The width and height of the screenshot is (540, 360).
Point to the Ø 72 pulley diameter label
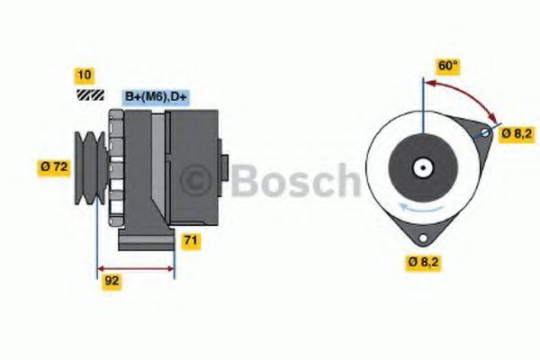click(55, 166)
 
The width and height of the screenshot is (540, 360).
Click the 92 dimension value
click(112, 280)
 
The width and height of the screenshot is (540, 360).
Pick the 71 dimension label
click(191, 240)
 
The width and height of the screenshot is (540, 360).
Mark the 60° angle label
click(447, 65)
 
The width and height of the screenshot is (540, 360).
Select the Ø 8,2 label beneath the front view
click(426, 263)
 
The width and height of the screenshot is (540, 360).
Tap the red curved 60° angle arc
click(468, 93)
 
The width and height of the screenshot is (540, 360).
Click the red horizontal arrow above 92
click(136, 268)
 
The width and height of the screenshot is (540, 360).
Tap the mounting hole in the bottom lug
click(420, 237)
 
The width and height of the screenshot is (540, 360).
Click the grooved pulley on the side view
click(90, 166)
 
